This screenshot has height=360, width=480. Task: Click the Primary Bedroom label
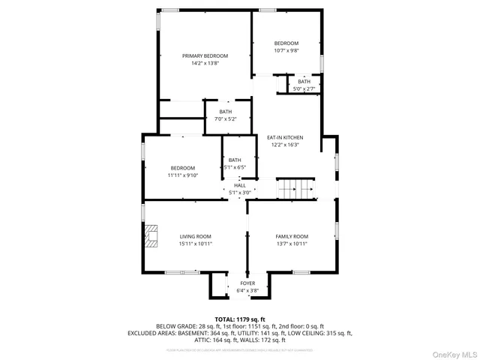205,55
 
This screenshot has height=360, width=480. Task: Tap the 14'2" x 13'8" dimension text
205,64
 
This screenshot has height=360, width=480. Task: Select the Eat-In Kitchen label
285,137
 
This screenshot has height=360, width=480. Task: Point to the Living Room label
195,236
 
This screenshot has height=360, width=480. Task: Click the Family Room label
292,236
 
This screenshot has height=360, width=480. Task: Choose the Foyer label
247,283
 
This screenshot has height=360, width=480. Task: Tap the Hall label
240,185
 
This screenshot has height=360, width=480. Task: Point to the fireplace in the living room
151,236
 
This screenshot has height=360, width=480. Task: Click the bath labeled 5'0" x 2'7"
304,85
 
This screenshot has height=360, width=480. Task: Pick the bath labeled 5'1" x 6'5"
235,163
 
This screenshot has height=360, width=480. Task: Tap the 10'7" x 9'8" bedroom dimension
286,51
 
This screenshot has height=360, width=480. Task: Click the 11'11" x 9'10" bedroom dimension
182,175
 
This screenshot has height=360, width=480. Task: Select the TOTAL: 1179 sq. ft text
240,319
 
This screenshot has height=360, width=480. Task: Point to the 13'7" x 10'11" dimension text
292,244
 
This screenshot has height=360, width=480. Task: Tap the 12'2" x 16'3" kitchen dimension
285,145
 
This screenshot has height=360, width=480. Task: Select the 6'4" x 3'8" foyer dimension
247,289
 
